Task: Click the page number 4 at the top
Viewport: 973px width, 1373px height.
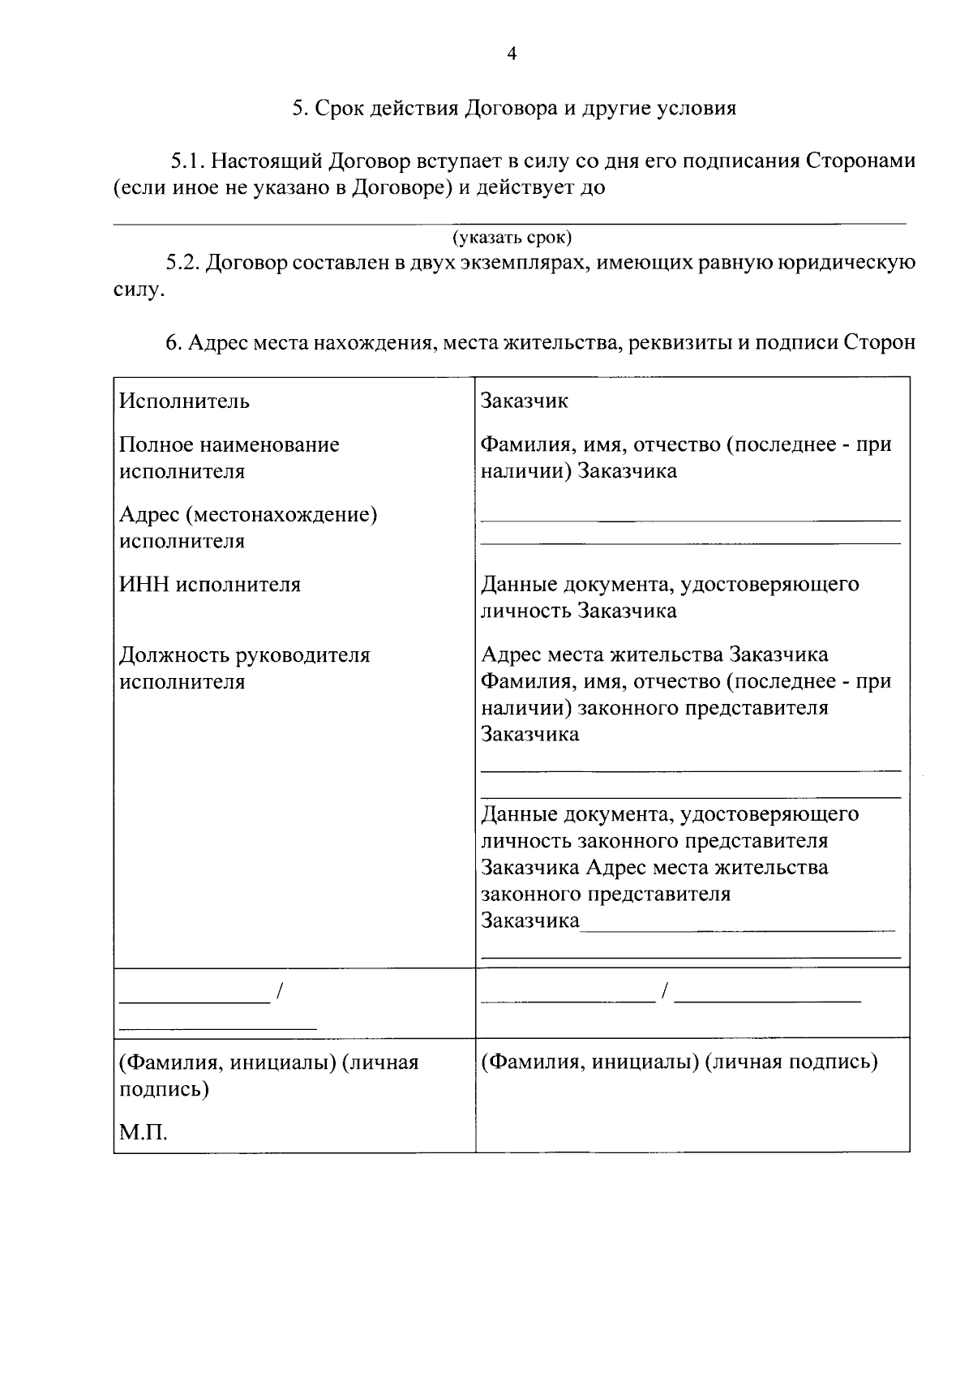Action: [511, 54]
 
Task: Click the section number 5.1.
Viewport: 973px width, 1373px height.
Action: [190, 161]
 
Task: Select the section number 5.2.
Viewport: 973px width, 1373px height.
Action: [183, 263]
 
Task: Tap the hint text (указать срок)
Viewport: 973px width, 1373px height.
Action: [512, 238]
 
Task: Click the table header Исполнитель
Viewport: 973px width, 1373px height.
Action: [184, 401]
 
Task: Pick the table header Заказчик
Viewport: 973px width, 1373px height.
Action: [525, 401]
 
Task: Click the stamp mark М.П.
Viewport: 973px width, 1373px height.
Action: [143, 1132]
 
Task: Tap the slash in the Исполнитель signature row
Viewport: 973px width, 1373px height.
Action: [279, 990]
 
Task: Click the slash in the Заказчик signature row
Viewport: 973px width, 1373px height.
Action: [665, 990]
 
